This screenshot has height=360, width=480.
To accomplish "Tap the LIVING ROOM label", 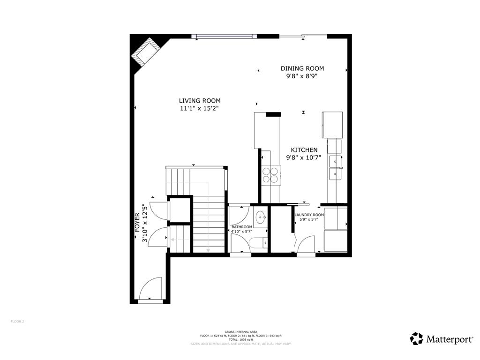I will click(x=199, y=100).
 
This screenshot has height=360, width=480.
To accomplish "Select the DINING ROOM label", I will click(x=302, y=68).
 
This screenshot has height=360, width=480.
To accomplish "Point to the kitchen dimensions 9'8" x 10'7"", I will click(x=303, y=158).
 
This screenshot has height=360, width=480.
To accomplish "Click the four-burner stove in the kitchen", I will click(x=270, y=175).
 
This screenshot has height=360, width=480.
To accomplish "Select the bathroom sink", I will click(x=261, y=217).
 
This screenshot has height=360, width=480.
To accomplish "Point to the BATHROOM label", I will click(x=242, y=227).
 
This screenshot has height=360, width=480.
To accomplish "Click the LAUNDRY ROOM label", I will click(x=309, y=215).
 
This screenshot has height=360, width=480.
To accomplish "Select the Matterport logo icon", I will click(x=416, y=338).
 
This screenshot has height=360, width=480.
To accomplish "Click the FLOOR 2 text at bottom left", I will click(x=17, y=322).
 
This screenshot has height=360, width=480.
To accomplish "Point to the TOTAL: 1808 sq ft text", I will click(x=240, y=339).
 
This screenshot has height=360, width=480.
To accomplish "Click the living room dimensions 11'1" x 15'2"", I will click(x=199, y=108).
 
